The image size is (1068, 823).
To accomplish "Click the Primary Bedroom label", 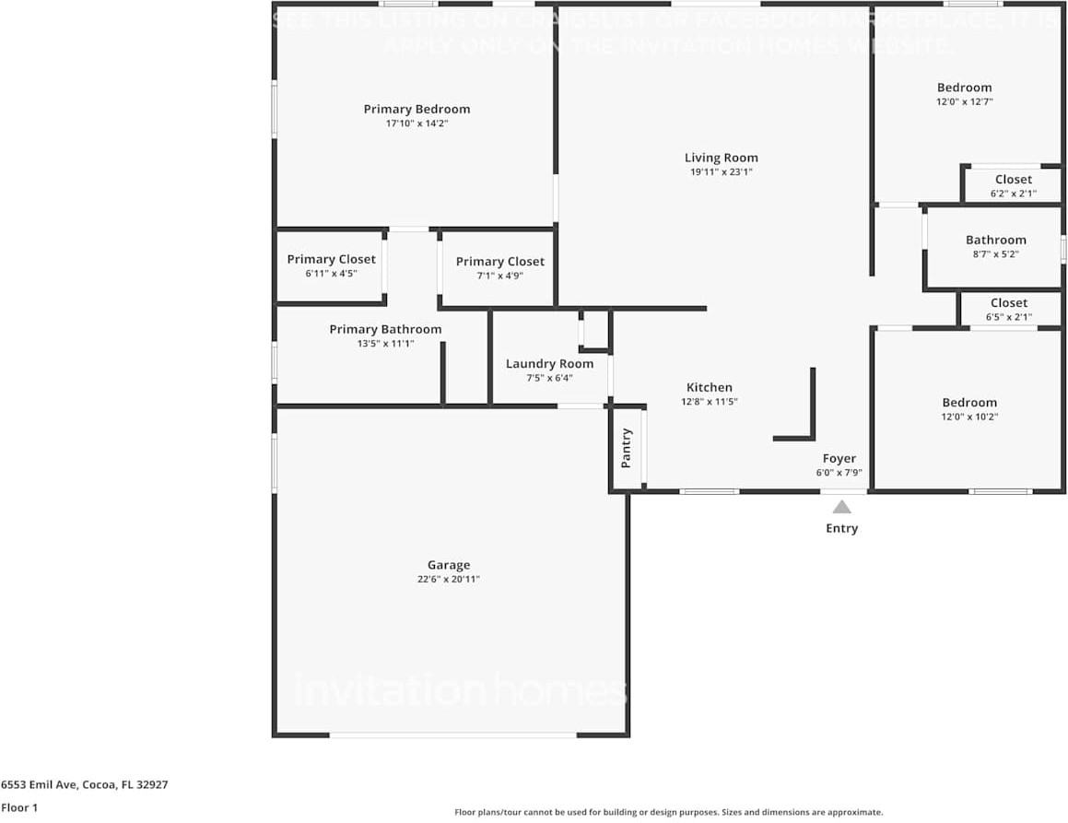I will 417,109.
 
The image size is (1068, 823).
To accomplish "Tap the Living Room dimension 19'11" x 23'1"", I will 722,172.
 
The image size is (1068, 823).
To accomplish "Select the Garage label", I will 449,565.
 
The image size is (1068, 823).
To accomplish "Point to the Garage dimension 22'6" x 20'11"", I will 449,580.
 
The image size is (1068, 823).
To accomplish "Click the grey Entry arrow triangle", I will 841,506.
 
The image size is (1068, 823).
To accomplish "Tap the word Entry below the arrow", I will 841,528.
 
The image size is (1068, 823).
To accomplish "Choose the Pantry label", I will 627,448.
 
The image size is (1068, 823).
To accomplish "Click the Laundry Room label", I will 549,363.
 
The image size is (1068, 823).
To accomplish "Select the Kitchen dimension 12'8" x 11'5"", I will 710,402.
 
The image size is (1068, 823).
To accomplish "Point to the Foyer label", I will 839,458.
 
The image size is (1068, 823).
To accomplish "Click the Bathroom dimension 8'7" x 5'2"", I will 995,254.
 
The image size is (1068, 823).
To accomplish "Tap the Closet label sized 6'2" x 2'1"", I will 1013,180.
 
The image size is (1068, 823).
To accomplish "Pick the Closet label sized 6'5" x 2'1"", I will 1008,302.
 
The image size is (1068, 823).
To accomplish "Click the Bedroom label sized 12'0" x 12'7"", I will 964,88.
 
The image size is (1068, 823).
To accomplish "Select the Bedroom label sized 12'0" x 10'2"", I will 969,402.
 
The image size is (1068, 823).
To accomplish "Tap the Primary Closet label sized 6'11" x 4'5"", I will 331,259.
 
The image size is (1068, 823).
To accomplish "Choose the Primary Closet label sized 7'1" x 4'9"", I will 499,262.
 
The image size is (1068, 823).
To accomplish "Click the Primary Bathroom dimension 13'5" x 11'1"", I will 385,344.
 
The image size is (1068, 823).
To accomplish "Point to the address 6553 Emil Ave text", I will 84,785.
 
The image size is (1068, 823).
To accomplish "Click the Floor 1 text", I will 18,808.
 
